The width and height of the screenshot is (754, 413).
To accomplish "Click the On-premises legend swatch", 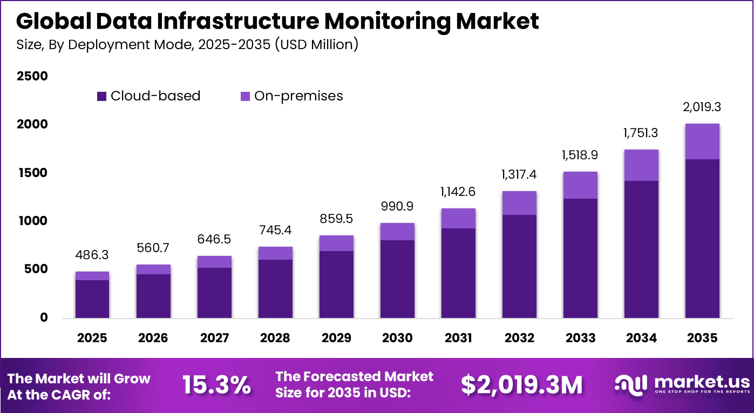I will tap(245, 97).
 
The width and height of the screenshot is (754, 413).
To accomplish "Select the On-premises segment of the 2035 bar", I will tap(702, 141).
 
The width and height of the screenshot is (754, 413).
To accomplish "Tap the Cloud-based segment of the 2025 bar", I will tap(92, 299).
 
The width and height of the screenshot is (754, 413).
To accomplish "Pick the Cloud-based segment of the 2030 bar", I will tap(397, 279).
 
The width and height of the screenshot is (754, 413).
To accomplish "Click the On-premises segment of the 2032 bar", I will tap(519, 203).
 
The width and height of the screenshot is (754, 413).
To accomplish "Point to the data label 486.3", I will tap(92, 254).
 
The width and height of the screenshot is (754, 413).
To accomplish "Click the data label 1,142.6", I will tap(458, 192).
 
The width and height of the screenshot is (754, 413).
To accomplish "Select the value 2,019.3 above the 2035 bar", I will tap(702, 107).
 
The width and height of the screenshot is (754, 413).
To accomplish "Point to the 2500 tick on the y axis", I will tap(33, 77).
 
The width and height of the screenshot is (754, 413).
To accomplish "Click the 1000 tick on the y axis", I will tap(33, 221).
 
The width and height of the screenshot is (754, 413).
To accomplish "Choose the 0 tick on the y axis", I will tap(43, 318).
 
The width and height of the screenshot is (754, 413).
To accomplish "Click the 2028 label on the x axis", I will tap(275, 338).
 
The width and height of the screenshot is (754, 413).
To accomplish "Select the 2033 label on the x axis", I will tap(580, 338).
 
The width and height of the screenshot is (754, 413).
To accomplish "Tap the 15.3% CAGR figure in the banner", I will tap(216, 385).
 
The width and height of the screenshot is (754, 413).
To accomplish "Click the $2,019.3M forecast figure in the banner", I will tap(521, 385).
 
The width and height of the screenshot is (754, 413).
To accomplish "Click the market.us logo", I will tap(682, 384).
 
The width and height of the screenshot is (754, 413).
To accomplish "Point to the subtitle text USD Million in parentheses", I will tap(316, 44).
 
